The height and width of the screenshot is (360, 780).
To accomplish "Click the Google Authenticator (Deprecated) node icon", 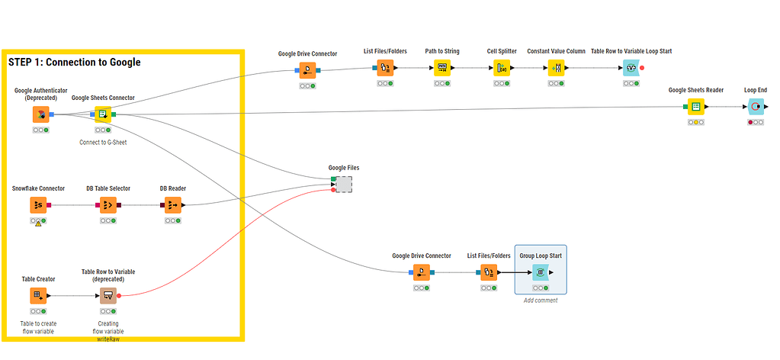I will (x=40, y=114).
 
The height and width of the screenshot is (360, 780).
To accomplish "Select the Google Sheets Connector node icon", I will (x=103, y=114).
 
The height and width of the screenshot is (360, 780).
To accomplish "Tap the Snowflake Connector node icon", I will (x=38, y=205).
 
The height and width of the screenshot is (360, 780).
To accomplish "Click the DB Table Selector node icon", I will (x=108, y=205).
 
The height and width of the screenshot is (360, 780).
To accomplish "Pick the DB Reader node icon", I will (x=173, y=205).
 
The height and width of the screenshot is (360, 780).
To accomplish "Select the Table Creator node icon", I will (x=38, y=295).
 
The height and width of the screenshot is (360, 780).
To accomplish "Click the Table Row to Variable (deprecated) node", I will (x=108, y=295).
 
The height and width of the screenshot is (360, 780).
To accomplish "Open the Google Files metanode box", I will (x=344, y=184).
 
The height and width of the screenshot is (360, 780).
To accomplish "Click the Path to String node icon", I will (x=442, y=68).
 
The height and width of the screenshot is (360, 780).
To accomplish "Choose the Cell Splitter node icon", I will (x=502, y=68).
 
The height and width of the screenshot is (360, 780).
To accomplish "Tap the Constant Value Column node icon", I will (x=557, y=68).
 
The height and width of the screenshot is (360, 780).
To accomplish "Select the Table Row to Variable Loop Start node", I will (x=631, y=68).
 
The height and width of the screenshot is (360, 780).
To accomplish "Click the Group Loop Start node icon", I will (x=541, y=272).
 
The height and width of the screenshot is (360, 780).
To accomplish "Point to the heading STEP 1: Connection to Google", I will (x=75, y=62).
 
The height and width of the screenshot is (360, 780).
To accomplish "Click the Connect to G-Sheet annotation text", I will (x=103, y=142).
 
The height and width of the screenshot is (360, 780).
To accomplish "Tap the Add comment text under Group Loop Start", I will (x=541, y=301).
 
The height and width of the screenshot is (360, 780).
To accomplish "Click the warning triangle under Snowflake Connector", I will (x=38, y=223).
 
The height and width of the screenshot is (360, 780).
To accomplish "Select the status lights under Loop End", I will (x=756, y=122).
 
